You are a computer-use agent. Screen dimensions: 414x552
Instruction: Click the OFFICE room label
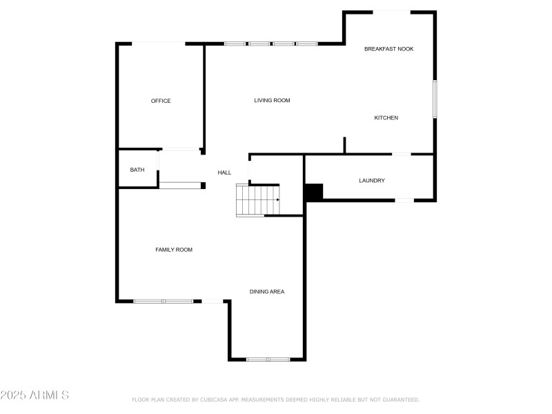[x=161, y=101]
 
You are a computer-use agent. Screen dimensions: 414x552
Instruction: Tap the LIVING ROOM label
[x=272, y=101]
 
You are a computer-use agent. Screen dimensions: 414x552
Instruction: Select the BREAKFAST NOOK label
[x=389, y=49]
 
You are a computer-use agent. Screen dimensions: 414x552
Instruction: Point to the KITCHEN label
[x=386, y=118]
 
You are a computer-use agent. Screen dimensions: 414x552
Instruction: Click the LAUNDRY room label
[x=372, y=181]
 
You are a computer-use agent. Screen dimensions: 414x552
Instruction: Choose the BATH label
[x=137, y=170]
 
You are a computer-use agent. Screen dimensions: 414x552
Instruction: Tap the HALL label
[x=224, y=172]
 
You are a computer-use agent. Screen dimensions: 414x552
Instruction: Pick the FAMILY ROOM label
[x=174, y=250]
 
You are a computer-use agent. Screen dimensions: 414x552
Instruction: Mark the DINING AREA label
[x=267, y=292]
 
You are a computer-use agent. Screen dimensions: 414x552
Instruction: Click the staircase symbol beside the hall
[x=257, y=200]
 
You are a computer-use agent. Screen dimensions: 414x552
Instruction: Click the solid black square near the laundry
[x=314, y=192]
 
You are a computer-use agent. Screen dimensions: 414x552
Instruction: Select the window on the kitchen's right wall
[x=435, y=99]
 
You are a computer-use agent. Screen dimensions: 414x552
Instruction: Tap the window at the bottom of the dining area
[x=268, y=359]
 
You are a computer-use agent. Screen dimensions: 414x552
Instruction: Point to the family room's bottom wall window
[x=164, y=301]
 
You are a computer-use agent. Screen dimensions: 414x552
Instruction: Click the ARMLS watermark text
[x=34, y=395]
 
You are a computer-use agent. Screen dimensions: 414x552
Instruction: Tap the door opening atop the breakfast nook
[x=393, y=11]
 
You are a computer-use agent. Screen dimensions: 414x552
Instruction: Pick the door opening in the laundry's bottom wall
[x=404, y=200]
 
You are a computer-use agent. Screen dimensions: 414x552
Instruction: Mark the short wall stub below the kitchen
[x=344, y=146]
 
